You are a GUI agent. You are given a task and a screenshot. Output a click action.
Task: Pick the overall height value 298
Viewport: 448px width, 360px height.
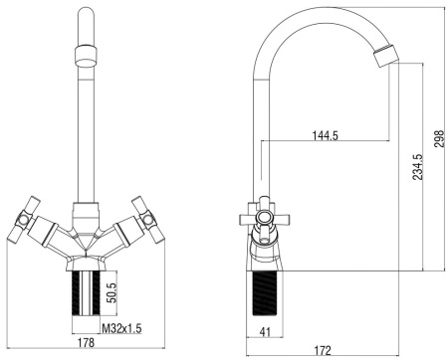tap(435, 135)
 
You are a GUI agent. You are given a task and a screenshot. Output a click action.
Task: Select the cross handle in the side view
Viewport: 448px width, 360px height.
tap(264, 216)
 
